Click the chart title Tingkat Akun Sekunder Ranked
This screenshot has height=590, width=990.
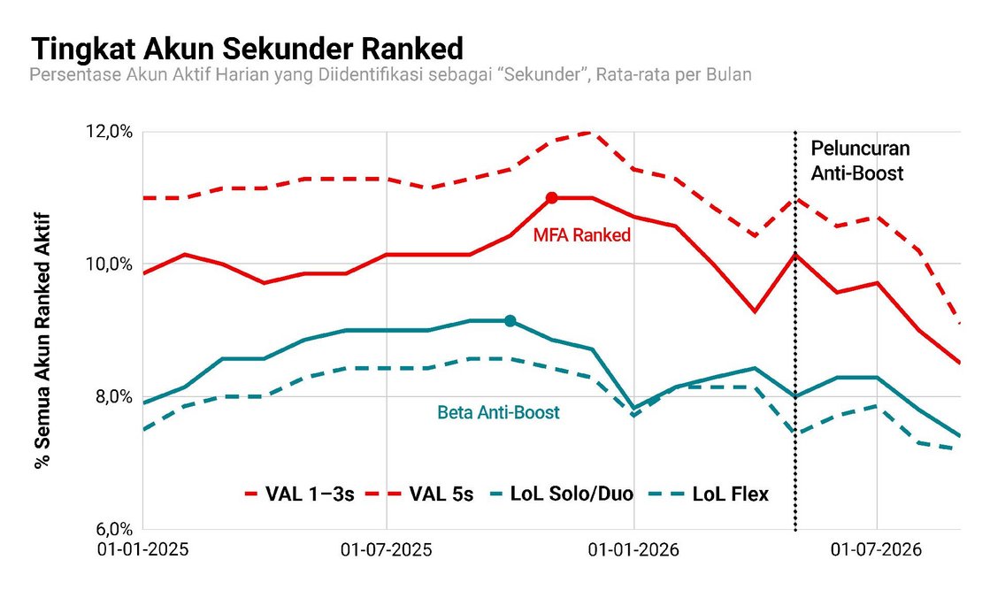248,49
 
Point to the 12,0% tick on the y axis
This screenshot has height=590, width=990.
109,132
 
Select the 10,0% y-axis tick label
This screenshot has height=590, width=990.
109,264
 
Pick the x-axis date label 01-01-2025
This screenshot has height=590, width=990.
142,549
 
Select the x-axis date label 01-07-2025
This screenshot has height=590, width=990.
387,549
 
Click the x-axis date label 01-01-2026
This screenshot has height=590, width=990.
633,549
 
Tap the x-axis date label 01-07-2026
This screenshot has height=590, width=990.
877,549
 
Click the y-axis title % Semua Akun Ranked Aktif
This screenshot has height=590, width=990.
42,341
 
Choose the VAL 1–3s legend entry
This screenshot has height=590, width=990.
299,494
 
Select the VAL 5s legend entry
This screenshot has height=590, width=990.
431,494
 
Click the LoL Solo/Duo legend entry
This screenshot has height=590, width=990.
563,494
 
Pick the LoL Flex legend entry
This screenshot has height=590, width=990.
710,494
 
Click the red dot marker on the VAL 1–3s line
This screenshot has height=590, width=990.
551,198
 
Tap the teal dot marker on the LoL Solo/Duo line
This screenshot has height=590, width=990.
510,321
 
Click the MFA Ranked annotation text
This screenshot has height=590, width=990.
582,235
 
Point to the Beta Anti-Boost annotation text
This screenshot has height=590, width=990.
499,413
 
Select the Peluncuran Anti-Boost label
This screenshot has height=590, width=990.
860,161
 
